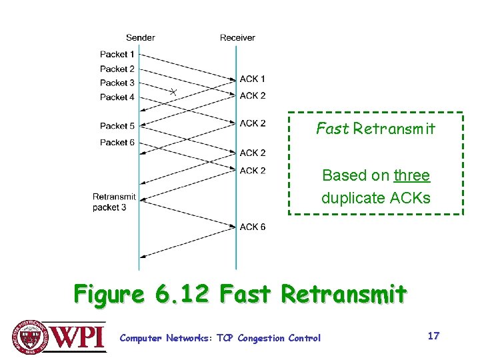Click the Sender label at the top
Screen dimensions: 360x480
(x=140, y=37)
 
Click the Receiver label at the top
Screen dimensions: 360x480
(x=237, y=37)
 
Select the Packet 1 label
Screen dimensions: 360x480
(x=117, y=54)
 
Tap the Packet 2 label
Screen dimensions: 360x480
(x=117, y=69)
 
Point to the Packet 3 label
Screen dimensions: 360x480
(x=117, y=83)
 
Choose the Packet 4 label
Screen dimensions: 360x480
(x=117, y=97)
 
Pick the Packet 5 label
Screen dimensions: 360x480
(x=117, y=125)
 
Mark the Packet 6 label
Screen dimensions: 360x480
(x=117, y=142)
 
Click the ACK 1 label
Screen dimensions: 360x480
(x=253, y=79)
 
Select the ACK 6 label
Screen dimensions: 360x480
(x=253, y=227)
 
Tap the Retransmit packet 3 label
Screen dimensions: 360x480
(x=114, y=202)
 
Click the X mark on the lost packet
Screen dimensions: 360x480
(x=173, y=91)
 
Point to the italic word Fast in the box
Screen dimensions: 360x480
(x=332, y=129)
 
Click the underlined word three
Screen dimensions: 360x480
(x=411, y=175)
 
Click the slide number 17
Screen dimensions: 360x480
(x=433, y=336)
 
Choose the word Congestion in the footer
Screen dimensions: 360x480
(x=261, y=338)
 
